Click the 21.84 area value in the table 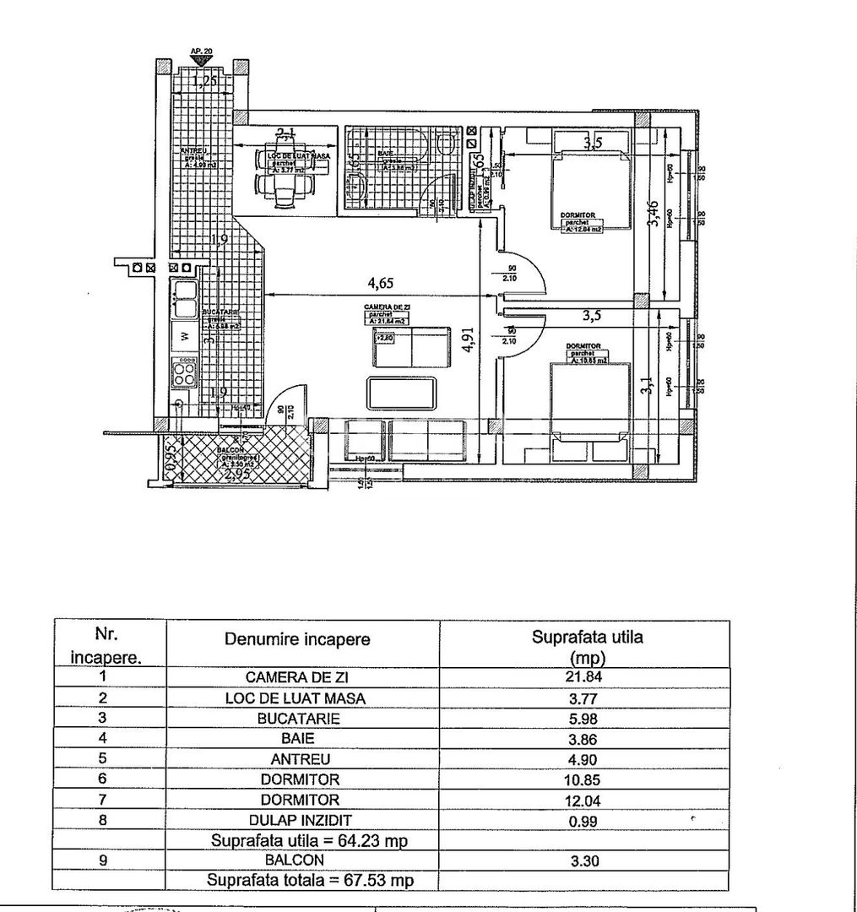(584, 677)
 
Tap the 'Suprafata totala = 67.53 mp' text (311, 881)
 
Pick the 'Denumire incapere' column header (297, 639)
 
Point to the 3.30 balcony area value (584, 860)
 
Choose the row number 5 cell (103, 759)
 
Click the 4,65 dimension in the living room (380, 283)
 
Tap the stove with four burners (184, 371)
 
